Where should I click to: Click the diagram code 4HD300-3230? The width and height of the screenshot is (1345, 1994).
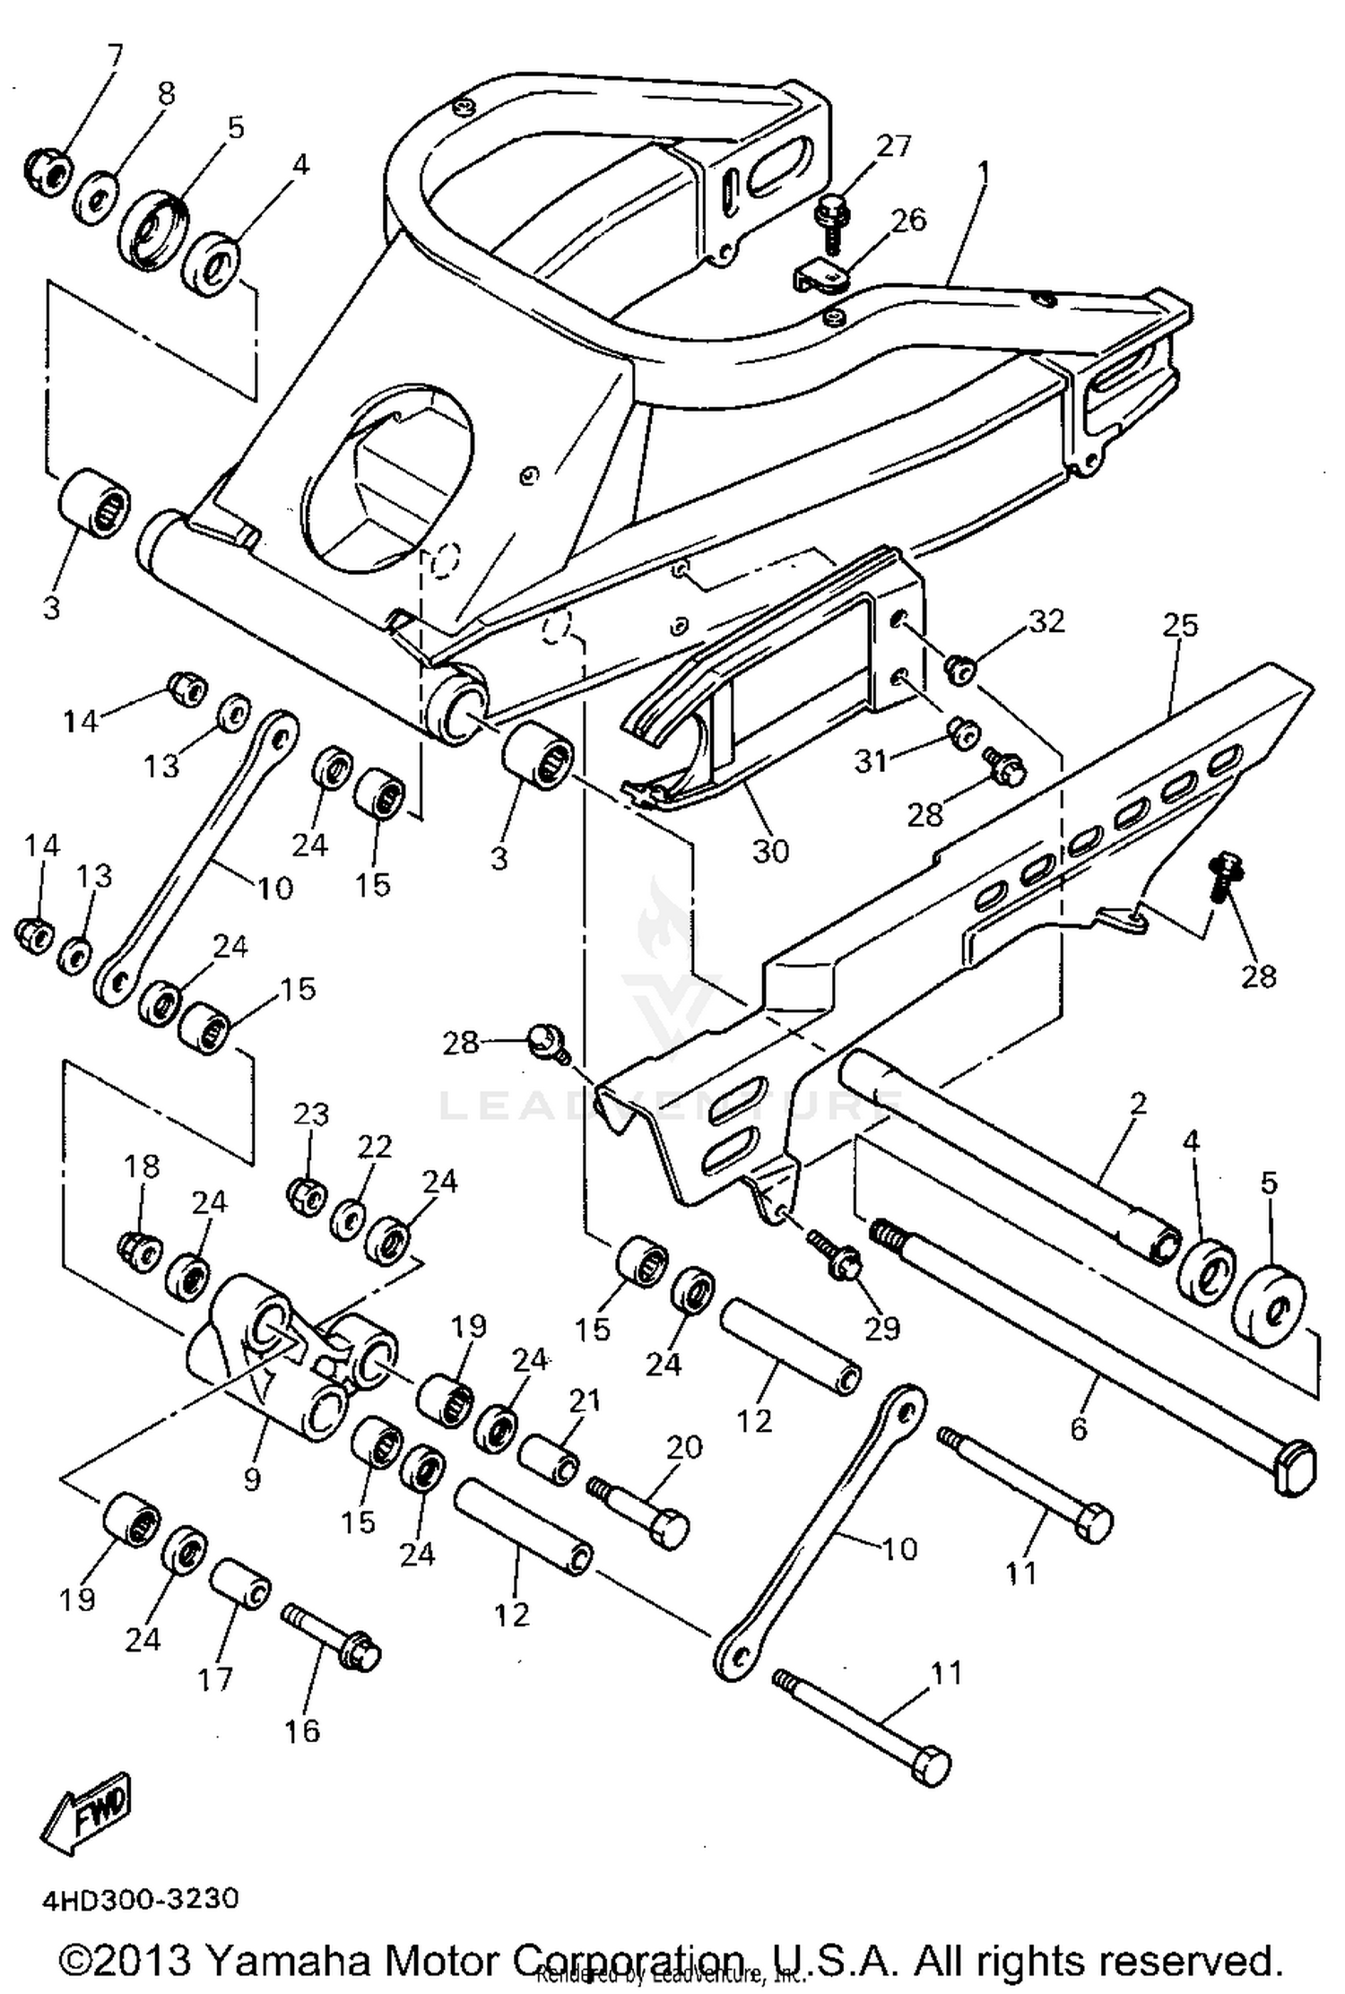(139, 1899)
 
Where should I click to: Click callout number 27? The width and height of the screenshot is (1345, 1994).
(892, 146)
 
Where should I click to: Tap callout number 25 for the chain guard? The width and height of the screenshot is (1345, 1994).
(1179, 625)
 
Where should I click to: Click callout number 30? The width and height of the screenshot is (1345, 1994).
(769, 850)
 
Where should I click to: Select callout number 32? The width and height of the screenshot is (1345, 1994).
(1046, 620)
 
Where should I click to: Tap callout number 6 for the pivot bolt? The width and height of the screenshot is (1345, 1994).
(1078, 1427)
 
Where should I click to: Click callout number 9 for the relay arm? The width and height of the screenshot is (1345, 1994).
(252, 1477)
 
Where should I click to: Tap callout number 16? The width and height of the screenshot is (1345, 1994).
(302, 1730)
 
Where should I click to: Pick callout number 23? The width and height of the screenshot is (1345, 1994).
(311, 1114)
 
